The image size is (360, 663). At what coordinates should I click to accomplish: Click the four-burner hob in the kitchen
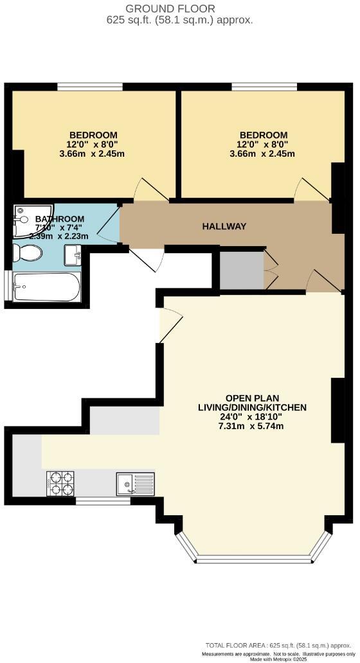(x=60, y=483)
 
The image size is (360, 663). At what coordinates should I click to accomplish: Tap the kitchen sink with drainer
(x=134, y=483)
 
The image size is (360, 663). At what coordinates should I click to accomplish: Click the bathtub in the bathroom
(x=46, y=287)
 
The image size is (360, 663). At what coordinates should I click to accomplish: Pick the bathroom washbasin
(x=72, y=256)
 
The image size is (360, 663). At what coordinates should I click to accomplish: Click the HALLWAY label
(x=224, y=226)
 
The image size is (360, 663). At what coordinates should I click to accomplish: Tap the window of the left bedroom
(x=89, y=86)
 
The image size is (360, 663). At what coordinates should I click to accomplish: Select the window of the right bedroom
(x=264, y=86)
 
